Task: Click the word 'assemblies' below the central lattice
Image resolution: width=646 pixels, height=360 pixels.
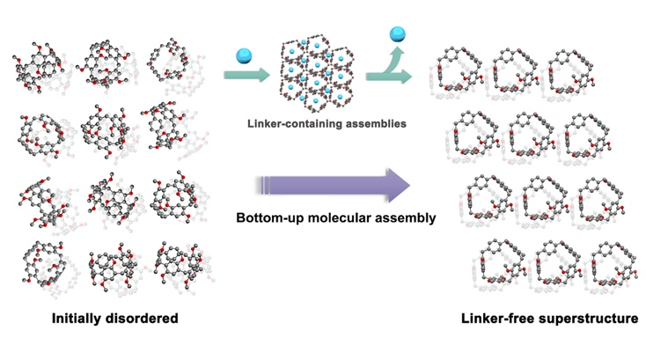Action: coord(379,124)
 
